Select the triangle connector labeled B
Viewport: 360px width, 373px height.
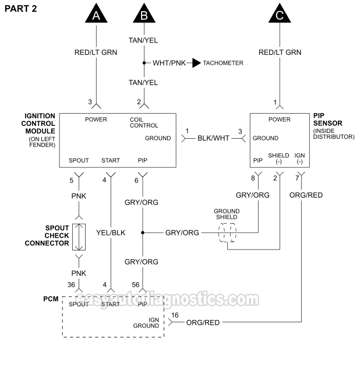[x=143, y=14]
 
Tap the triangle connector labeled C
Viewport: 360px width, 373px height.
[x=280, y=14]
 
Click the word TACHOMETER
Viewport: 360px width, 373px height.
[x=223, y=63]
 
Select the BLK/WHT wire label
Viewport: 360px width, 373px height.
[x=214, y=138]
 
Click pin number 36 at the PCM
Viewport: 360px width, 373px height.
[x=71, y=285]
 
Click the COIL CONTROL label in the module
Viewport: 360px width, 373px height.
[x=143, y=122]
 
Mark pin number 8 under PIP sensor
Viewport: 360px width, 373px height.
[x=253, y=178]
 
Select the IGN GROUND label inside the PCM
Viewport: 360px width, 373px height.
[x=146, y=322]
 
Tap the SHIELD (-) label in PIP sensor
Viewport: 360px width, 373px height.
[x=278, y=158]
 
